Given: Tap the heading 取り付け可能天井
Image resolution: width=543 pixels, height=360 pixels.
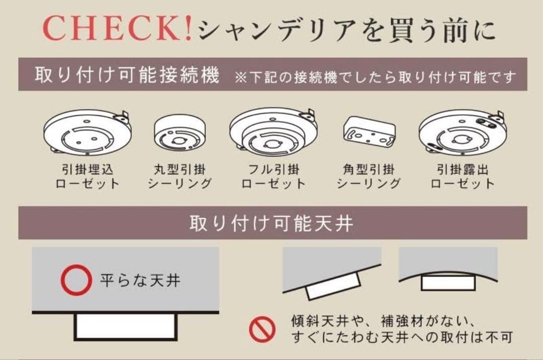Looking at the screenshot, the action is coord(271,223).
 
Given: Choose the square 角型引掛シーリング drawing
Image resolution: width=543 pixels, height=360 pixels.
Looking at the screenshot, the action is coord(369,134).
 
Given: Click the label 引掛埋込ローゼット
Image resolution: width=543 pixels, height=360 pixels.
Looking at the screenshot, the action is coord(88,176).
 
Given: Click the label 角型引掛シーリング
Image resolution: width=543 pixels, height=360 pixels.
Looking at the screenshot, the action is coord(369,176).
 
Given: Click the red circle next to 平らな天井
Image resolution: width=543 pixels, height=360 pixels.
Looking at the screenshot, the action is coord(76,280).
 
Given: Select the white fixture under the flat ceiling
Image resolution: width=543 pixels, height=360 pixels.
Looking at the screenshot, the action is coord(126,326).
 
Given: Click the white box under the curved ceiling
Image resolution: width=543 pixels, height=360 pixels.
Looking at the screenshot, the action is coord(447,283).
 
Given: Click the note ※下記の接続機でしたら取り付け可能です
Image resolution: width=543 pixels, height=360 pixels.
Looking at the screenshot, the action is coord(375,77).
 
